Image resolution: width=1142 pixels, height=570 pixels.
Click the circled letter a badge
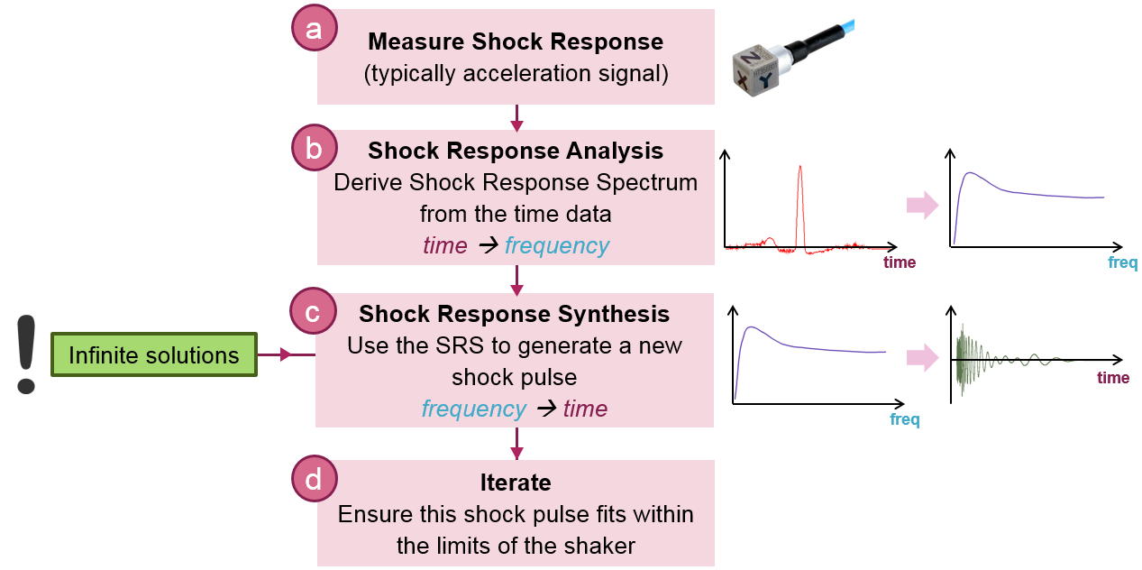314,29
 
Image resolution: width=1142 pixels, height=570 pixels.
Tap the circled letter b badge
314,149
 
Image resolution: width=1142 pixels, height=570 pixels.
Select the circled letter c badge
314,312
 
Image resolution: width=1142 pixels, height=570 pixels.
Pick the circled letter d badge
314,479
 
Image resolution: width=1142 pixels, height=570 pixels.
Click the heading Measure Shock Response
516,41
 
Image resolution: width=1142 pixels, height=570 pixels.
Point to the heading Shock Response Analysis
516,151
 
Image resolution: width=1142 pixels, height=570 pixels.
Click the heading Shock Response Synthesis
514,314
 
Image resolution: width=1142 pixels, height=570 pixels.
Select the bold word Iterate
516,483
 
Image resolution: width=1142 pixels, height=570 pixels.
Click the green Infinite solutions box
154,355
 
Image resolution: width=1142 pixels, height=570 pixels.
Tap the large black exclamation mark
26,354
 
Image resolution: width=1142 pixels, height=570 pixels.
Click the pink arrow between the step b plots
922,206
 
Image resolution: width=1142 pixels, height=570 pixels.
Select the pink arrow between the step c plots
922,357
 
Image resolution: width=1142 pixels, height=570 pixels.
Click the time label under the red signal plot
899,262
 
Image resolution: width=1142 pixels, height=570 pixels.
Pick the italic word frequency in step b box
557,245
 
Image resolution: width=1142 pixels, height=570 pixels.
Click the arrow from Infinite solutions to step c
286,355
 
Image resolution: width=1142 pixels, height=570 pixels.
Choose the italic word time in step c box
585,409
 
